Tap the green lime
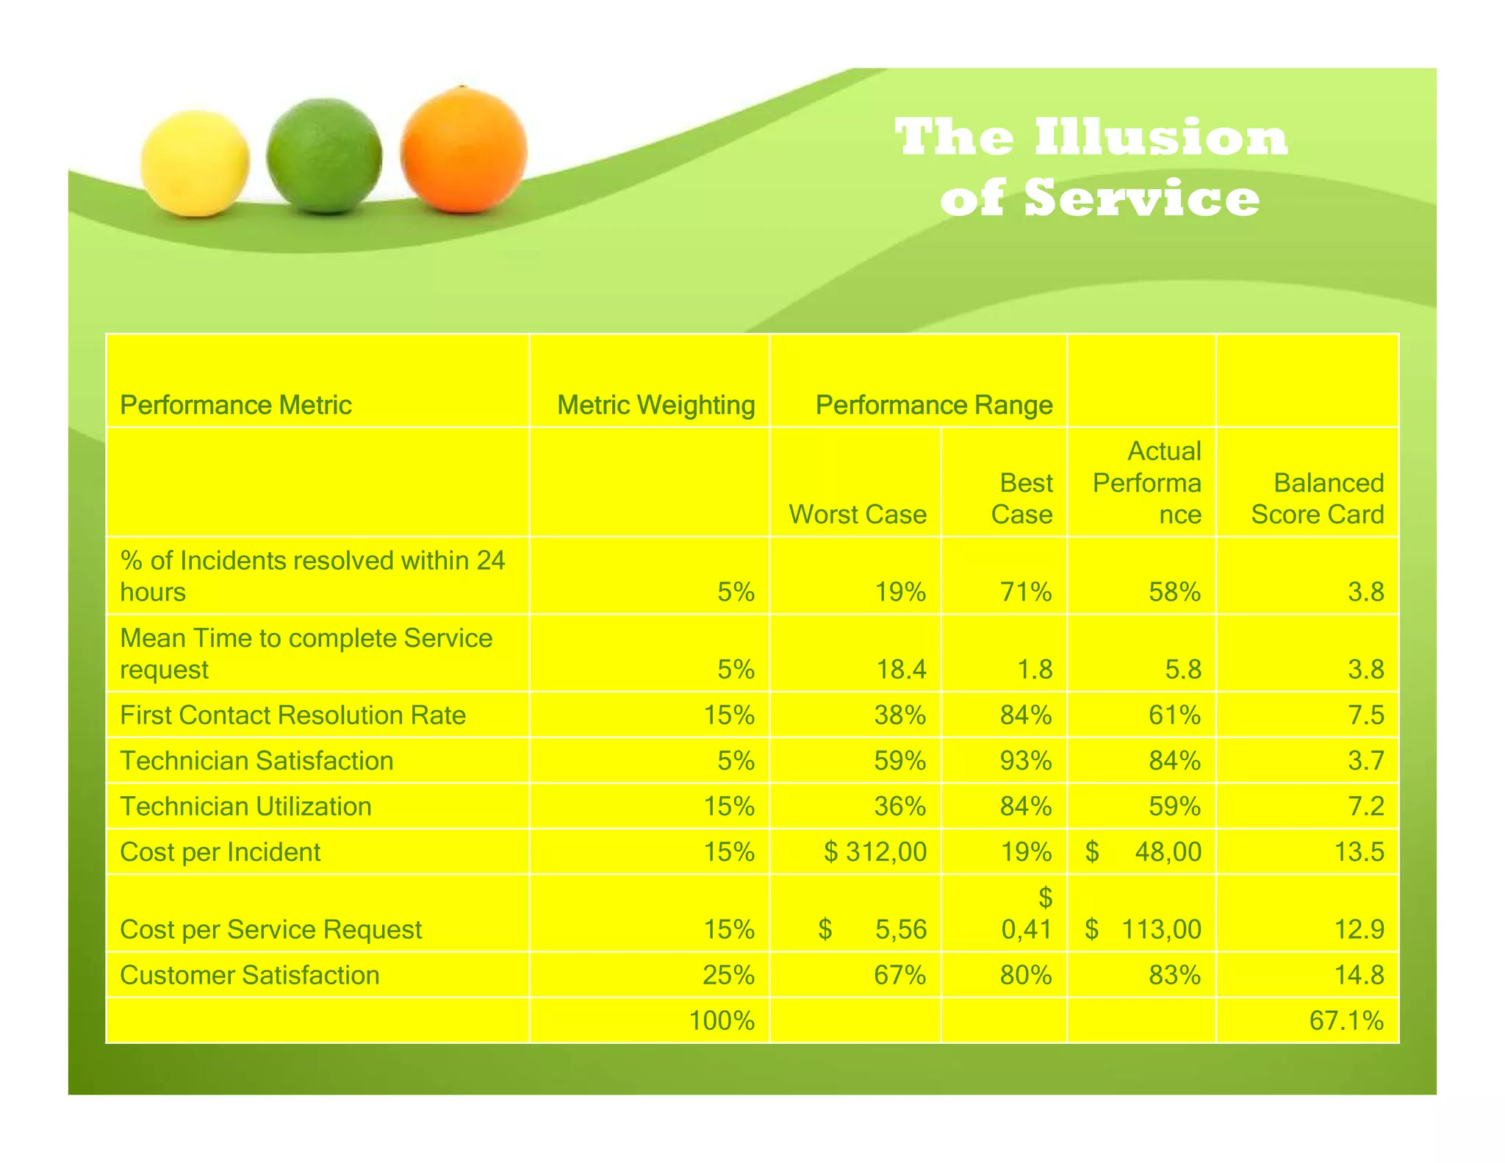click(324, 156)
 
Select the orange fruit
click(464, 149)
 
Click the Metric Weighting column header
click(655, 405)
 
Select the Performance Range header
click(933, 405)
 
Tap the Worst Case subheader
click(857, 514)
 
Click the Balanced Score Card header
click(1317, 498)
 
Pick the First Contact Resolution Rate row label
click(292, 715)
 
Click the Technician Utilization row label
click(245, 806)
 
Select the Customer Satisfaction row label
click(249, 975)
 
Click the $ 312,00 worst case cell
click(874, 852)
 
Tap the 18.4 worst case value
click(901, 670)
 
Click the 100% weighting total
click(722, 1020)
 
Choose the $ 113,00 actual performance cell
click(1143, 929)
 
